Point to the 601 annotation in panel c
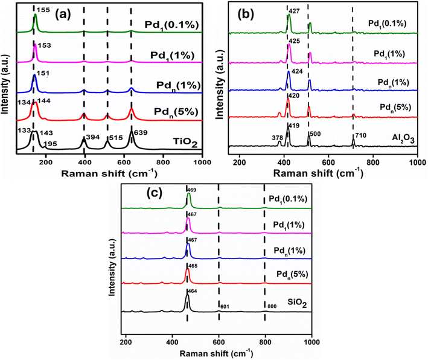225,307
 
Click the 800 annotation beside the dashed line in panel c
271,307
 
